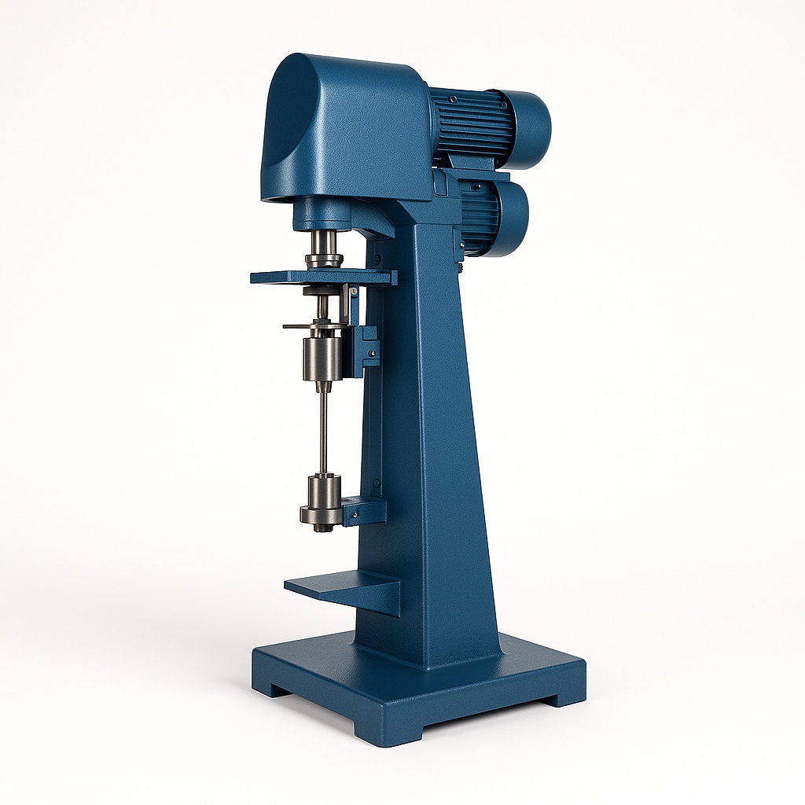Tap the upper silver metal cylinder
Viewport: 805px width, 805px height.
click(322, 358)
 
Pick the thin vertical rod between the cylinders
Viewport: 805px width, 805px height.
click(323, 432)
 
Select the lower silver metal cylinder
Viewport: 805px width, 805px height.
click(322, 492)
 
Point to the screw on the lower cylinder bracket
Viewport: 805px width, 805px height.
click(354, 515)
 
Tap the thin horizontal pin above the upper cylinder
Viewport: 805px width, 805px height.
click(303, 325)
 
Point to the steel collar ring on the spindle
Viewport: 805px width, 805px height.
click(324, 260)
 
